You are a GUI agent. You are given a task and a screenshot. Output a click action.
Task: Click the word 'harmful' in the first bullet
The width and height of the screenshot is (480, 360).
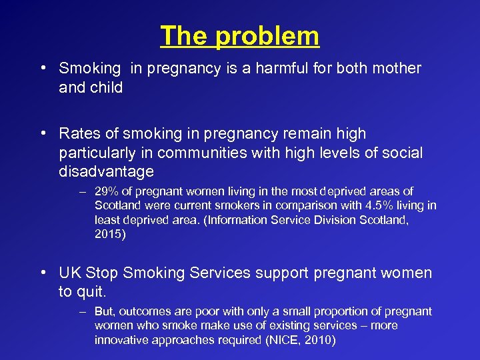261,68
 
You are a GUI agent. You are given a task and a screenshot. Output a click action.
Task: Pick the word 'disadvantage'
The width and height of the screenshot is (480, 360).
106,172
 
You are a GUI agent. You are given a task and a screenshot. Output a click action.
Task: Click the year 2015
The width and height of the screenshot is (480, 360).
108,233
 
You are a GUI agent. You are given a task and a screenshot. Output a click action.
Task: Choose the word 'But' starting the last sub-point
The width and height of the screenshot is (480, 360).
104,311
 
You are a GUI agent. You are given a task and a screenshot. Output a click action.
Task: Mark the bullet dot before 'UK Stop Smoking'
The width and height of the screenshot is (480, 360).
42,273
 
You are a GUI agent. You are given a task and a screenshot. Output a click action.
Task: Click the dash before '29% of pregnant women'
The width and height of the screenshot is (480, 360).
81,192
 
